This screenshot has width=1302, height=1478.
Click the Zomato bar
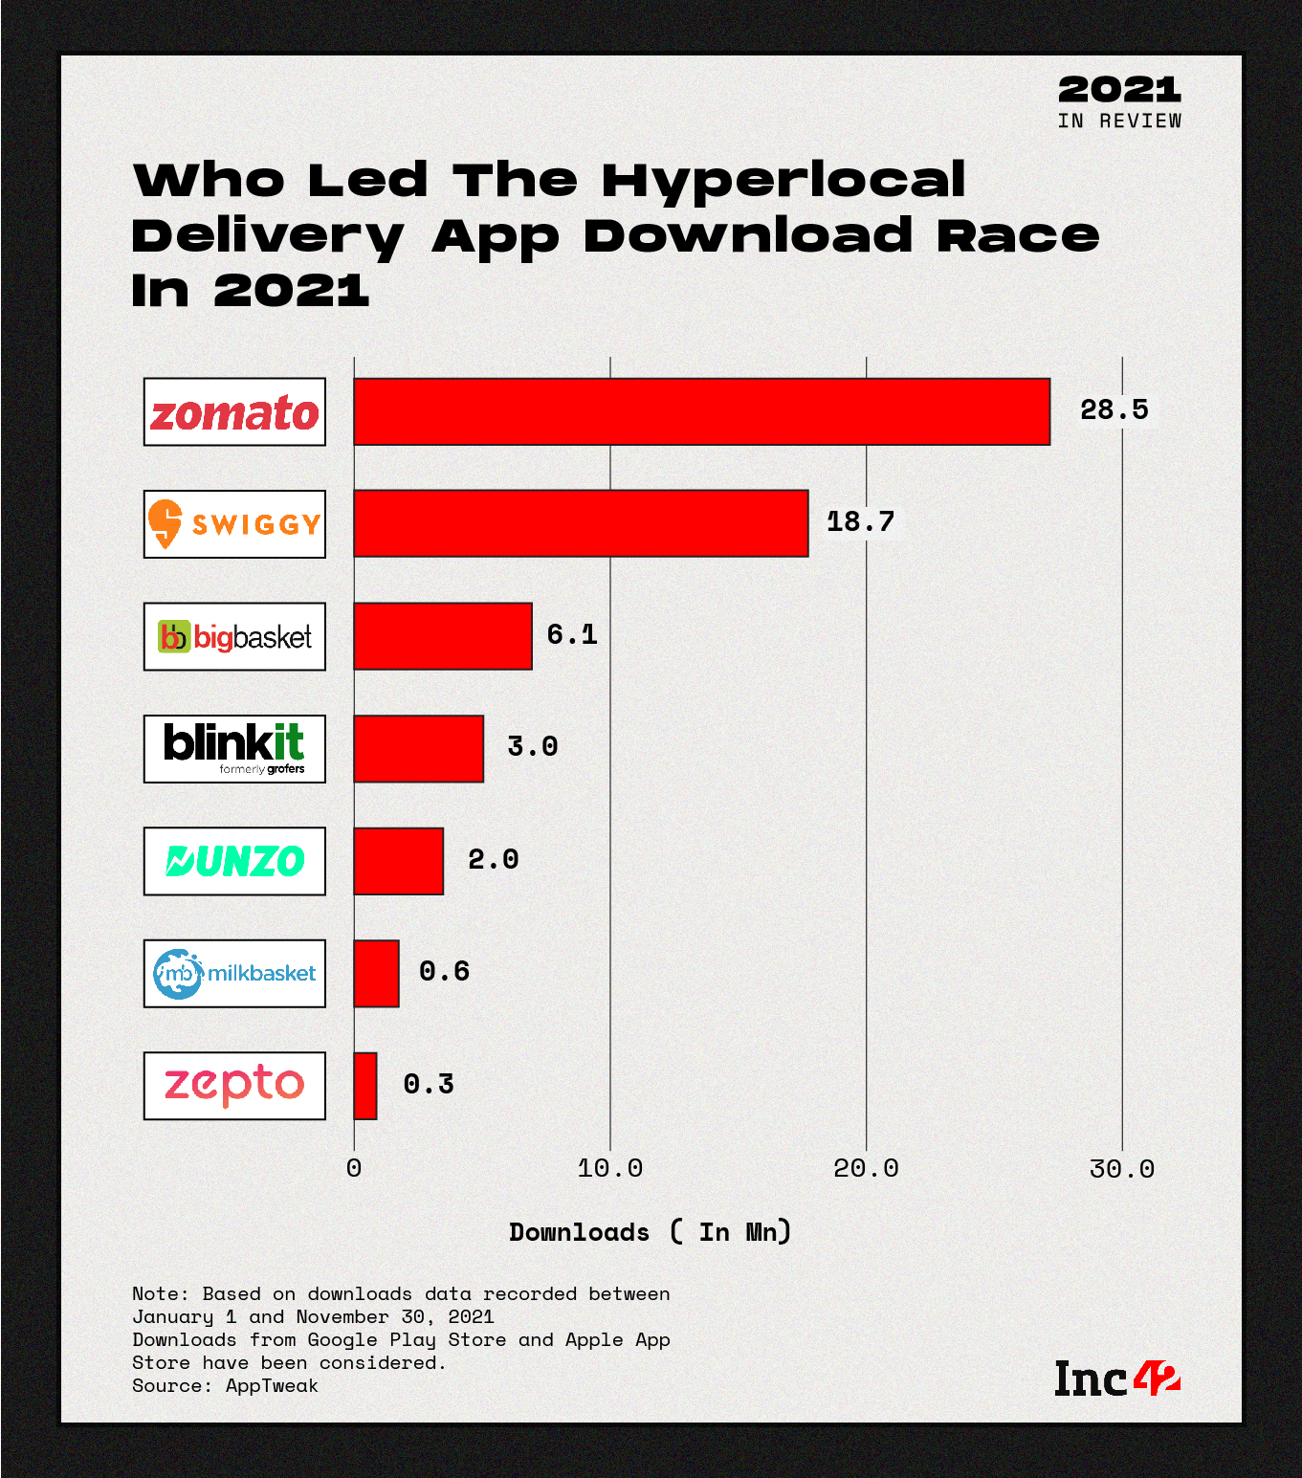pos(701,411)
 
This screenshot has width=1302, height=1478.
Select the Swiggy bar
pos(581,523)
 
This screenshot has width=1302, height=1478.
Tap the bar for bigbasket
pos(442,636)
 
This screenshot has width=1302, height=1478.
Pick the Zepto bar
pos(365,1086)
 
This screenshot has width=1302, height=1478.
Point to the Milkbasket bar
pos(376,973)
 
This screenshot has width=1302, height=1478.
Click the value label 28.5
pos(1114,409)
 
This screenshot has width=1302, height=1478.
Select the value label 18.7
pos(860,521)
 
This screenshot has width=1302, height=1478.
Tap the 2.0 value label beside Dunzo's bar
pos(493,859)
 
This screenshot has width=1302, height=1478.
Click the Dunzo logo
pos(234,861)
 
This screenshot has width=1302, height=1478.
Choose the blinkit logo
pos(234,749)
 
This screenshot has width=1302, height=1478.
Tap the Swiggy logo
pos(234,524)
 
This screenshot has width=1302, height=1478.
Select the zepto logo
pos(234,1086)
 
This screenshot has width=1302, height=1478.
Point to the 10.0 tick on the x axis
pos(610,1168)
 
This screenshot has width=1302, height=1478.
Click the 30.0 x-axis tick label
pos(1122,1168)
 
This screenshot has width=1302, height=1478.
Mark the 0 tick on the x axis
pos(354,1168)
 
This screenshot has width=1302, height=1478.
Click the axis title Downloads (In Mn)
pos(650,1232)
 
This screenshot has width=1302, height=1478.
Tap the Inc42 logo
pos(1116,1379)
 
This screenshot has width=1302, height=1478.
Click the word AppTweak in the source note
pos(272,1385)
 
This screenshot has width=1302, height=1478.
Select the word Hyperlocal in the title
pos(783,180)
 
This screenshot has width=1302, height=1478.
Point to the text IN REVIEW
pos(1119,121)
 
